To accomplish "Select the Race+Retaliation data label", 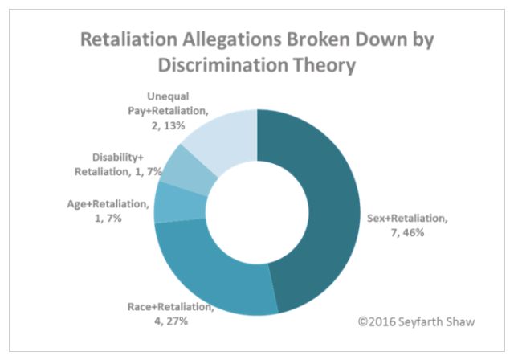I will (x=169, y=313).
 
